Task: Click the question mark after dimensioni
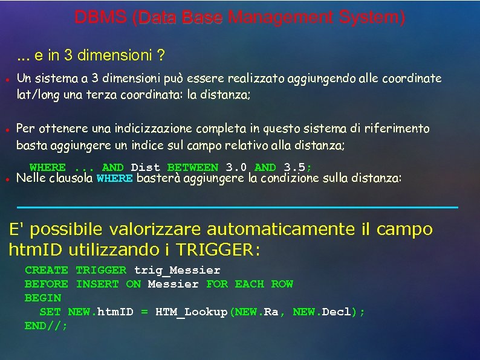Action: coord(161,56)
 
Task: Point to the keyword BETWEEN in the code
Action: coord(192,167)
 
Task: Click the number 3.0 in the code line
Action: coord(236,167)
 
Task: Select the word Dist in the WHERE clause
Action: coord(145,167)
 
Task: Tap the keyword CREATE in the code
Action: coord(47,270)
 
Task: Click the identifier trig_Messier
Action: coord(177,270)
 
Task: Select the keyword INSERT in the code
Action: coord(97,284)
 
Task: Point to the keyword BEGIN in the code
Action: coord(43,298)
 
